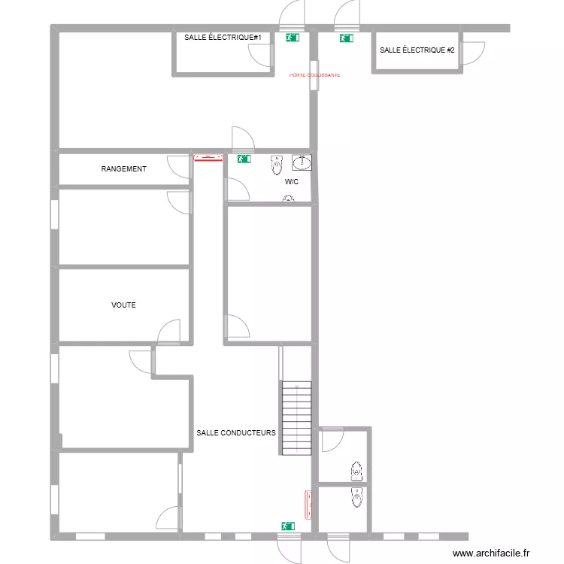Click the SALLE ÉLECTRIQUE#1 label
(x=223, y=37)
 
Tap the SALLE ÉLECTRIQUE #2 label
(x=417, y=50)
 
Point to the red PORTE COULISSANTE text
(x=315, y=75)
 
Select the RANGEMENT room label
(x=123, y=169)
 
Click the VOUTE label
(x=123, y=305)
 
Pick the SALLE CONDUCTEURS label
(x=236, y=433)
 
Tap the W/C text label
(x=292, y=182)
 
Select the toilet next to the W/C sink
(x=277, y=163)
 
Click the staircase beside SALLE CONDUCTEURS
(x=296, y=418)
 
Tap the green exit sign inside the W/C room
(x=244, y=159)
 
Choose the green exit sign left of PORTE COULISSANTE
(x=292, y=36)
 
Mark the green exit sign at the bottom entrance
(x=287, y=526)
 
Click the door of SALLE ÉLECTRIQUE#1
(x=261, y=55)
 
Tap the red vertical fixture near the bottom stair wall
(x=308, y=505)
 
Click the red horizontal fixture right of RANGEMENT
(x=208, y=158)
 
